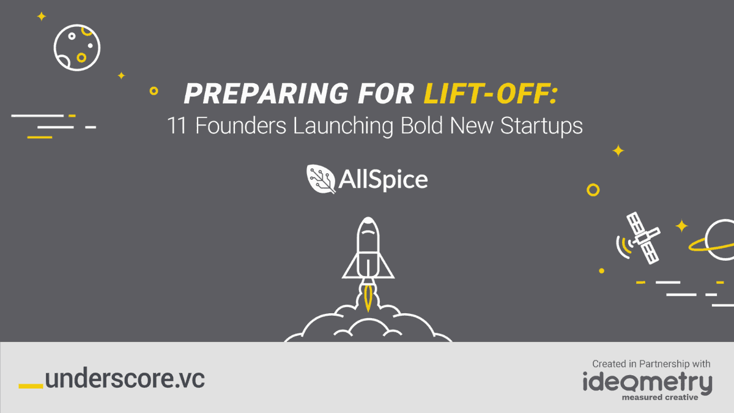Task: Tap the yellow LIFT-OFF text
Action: click(x=490, y=94)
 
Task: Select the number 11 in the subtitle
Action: click(x=177, y=125)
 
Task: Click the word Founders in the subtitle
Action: click(x=241, y=125)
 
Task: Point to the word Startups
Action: click(x=541, y=127)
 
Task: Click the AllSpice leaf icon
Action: click(x=321, y=179)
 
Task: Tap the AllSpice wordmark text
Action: click(x=383, y=180)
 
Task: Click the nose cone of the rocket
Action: click(x=368, y=226)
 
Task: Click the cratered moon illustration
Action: click(x=77, y=48)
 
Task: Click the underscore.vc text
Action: click(x=125, y=379)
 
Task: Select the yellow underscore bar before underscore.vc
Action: click(x=31, y=386)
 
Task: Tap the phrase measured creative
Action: click(x=660, y=398)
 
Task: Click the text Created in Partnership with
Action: click(x=651, y=364)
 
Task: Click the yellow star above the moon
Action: click(x=42, y=17)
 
